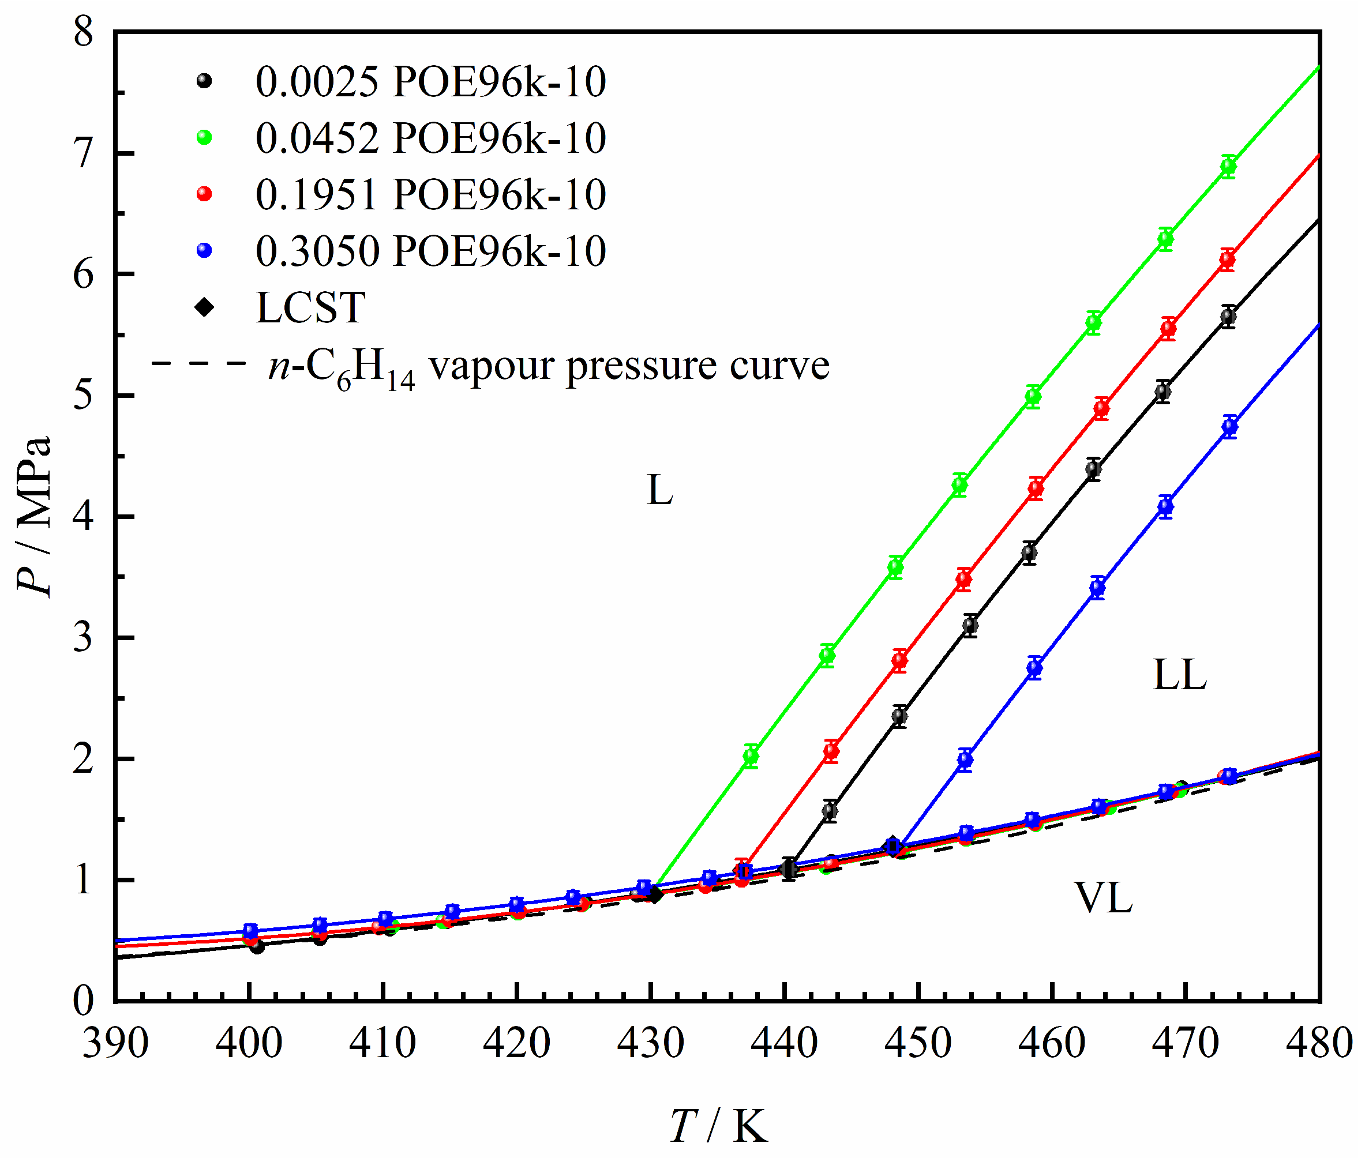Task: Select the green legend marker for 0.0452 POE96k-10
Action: click(204, 137)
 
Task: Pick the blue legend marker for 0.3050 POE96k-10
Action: click(204, 250)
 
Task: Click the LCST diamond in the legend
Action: click(204, 307)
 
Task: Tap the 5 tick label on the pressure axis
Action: click(84, 395)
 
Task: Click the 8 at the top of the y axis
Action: click(84, 32)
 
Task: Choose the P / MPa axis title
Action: click(34, 516)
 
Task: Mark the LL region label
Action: click(1179, 675)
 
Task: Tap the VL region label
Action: click(1103, 898)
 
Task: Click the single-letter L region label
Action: click(660, 490)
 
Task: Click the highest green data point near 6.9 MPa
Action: click(1228, 166)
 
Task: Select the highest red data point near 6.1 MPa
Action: click(1227, 260)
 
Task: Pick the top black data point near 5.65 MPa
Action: click(1228, 317)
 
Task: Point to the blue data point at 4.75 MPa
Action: click(1230, 427)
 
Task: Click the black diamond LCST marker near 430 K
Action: click(654, 894)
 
